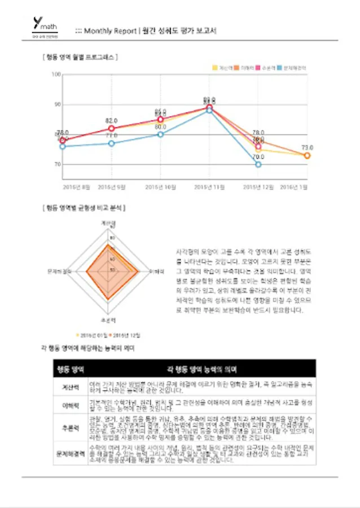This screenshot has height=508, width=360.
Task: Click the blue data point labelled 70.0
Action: [x=258, y=164]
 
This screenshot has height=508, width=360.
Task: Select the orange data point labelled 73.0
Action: [x=307, y=155]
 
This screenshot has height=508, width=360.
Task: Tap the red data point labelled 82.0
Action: [x=111, y=129]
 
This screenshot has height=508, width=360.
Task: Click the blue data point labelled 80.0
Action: [x=160, y=134]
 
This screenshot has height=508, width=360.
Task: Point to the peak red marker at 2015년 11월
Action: [x=209, y=107]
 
